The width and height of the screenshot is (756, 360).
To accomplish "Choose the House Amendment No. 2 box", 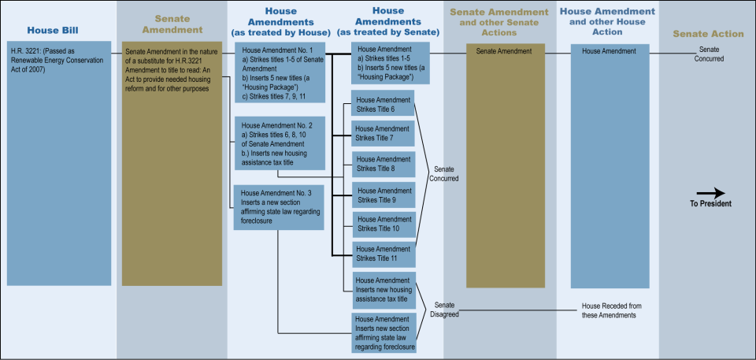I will pyautogui.click(x=280, y=143).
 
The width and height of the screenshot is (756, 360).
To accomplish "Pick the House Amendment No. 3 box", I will pyautogui.click(x=280, y=207).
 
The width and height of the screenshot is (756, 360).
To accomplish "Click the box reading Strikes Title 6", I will pyautogui.click(x=383, y=104).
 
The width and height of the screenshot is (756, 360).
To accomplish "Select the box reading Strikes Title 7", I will pyautogui.click(x=383, y=133).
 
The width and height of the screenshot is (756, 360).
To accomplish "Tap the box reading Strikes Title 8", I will pyautogui.click(x=383, y=163).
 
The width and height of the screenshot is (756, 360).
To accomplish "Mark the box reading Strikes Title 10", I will pyautogui.click(x=383, y=224).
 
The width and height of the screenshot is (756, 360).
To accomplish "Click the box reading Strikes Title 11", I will pyautogui.click(x=383, y=253).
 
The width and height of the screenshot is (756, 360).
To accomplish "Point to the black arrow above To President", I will pyautogui.click(x=710, y=193).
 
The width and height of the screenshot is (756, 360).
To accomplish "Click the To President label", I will pyautogui.click(x=710, y=203).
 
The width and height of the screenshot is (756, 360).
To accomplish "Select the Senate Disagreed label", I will pyautogui.click(x=444, y=309).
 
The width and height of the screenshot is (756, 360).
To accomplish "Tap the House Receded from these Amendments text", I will pyautogui.click(x=608, y=310).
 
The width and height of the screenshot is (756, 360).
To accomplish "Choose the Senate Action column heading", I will pyautogui.click(x=707, y=34).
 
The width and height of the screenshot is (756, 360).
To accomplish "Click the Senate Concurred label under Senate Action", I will pyautogui.click(x=709, y=54).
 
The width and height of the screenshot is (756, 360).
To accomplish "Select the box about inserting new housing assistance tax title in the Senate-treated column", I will pyautogui.click(x=383, y=289).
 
